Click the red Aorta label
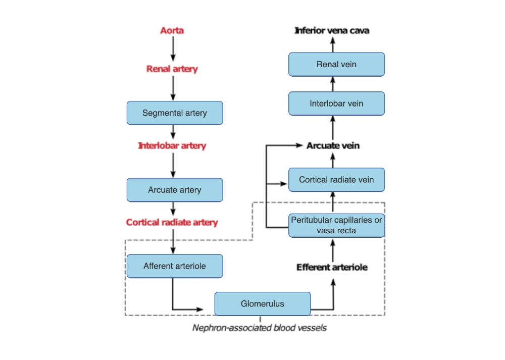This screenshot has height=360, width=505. (172, 31)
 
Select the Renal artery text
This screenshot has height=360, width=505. (172, 69)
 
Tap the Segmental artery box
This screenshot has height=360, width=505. (175, 113)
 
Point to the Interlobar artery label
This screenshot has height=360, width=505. (172, 146)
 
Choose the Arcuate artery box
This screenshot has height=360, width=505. (175, 190)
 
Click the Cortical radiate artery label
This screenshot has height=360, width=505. (172, 222)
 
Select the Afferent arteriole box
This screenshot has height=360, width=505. (175, 266)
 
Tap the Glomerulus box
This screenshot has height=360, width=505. (263, 304)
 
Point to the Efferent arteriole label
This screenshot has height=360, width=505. (332, 267)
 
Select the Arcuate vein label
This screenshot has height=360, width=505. (333, 146)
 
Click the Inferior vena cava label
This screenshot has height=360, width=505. (332, 31)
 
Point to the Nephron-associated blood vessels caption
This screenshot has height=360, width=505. (260, 328)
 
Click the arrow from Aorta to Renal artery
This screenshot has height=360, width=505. (173, 49)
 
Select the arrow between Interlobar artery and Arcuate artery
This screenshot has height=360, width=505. (173, 165)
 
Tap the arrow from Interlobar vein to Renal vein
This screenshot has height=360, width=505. (333, 84)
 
